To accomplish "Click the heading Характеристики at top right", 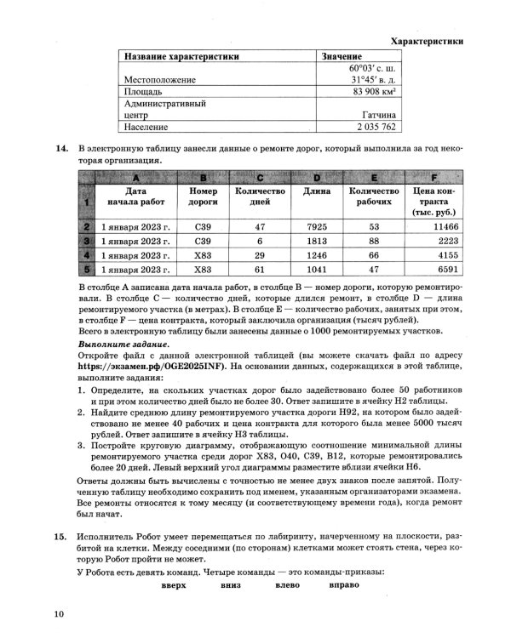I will [x=426, y=40].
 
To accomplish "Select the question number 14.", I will [x=60, y=149].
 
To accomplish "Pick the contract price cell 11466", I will [x=445, y=227].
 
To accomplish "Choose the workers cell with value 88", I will [x=373, y=241].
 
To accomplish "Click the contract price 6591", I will [x=445, y=268].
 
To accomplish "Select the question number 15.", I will [x=60, y=538].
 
